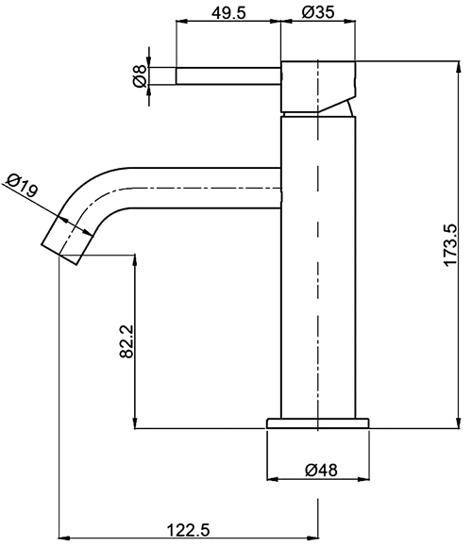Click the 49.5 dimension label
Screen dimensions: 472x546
point(228,13)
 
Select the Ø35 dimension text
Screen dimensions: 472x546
point(318,12)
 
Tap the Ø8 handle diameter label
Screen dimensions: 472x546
point(140,75)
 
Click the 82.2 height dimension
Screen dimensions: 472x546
point(126,341)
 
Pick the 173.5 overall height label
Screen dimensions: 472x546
point(449,245)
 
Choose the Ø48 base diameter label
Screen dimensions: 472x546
point(321,471)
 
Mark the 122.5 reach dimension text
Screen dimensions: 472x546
point(189,531)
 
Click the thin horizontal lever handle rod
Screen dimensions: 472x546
point(228,75)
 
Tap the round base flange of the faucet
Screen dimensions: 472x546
point(318,423)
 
